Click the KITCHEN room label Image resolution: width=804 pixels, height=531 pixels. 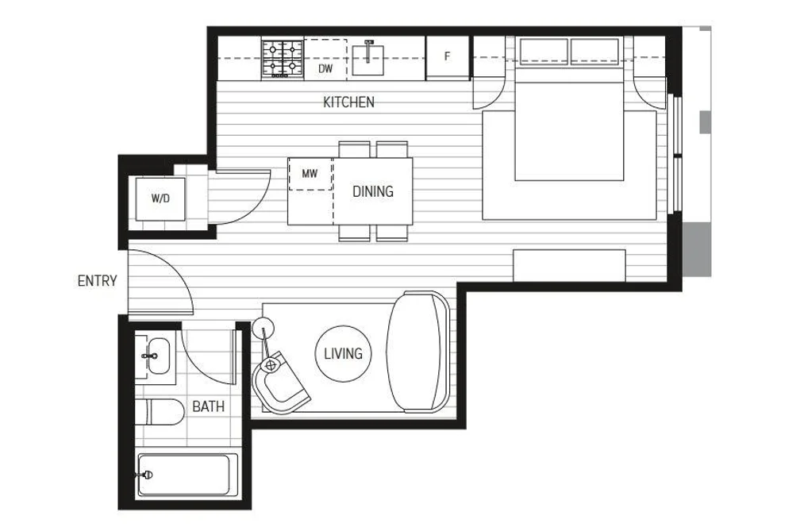click(348, 102)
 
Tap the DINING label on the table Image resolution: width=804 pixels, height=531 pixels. click(373, 191)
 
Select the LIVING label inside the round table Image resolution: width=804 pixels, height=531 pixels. click(343, 354)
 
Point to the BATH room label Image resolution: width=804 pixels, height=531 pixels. click(208, 406)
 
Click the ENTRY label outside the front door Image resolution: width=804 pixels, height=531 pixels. click(97, 281)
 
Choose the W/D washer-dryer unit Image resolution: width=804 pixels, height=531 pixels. click(160, 199)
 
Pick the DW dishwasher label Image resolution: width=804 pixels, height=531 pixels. click(325, 68)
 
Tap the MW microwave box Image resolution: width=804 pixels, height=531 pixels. click(310, 175)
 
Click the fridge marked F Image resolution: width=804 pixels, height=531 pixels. click(448, 56)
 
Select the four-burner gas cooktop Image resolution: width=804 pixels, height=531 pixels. click(283, 58)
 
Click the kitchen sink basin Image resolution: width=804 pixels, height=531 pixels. click(367, 60)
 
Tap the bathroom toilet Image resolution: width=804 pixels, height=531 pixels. click(160, 412)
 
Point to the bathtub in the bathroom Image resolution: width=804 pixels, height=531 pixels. click(183, 475)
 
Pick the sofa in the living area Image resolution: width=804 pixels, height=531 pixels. click(418, 352)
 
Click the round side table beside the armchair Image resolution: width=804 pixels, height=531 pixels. click(263, 327)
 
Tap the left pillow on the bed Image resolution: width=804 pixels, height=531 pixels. click(544, 52)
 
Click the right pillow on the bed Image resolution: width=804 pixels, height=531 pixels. click(594, 52)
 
